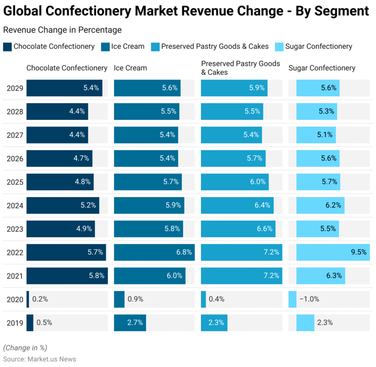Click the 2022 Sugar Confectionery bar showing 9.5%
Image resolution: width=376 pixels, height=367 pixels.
point(333,252)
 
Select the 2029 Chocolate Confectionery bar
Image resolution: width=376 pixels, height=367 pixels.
point(64,88)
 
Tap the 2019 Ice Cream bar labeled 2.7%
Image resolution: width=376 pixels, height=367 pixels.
point(130,323)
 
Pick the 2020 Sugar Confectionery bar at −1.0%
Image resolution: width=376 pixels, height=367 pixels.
point(292,299)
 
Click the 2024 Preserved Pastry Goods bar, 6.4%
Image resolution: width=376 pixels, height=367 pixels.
point(237,205)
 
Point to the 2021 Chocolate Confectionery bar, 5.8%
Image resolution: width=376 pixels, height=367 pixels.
point(67,276)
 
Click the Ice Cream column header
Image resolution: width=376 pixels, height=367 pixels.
point(130,68)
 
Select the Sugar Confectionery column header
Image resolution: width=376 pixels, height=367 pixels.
point(322,68)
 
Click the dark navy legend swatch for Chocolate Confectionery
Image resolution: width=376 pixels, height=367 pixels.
point(7,47)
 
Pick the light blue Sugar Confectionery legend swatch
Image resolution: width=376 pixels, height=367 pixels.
point(278,47)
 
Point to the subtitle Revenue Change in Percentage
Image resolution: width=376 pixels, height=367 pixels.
point(62,30)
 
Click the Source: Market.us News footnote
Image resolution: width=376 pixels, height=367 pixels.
point(39,359)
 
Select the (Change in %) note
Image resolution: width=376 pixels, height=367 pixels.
point(25,348)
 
